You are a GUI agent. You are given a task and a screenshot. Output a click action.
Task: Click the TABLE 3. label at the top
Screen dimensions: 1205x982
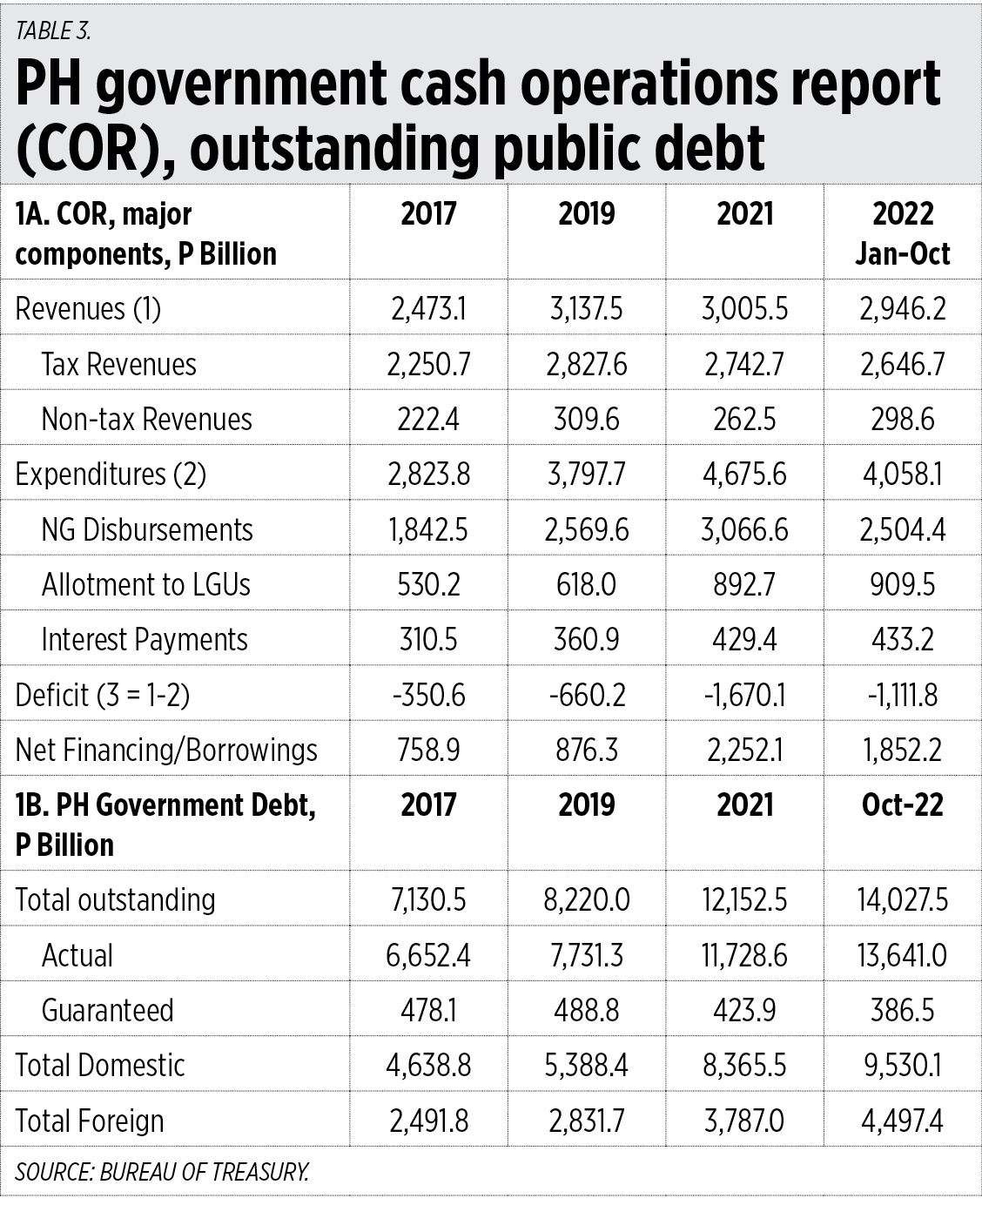[x=53, y=30]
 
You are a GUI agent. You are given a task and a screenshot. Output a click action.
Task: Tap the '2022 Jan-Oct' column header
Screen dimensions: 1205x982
[x=903, y=232]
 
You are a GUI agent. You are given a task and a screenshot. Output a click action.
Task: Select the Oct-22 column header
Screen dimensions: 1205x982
[x=903, y=804]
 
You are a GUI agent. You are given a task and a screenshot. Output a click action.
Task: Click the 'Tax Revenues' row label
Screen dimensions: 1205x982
[x=118, y=364]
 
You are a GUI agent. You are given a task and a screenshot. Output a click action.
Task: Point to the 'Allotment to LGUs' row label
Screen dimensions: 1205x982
[x=145, y=584]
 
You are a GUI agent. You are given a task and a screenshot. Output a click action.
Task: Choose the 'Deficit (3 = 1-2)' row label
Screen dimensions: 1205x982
[x=103, y=695]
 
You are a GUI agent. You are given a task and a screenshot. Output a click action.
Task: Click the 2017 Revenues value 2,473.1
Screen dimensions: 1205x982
[x=428, y=309]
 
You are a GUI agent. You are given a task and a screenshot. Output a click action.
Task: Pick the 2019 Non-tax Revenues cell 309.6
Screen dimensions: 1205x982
[x=586, y=419]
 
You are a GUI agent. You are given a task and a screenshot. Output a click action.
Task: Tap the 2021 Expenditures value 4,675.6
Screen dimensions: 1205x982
[x=744, y=474]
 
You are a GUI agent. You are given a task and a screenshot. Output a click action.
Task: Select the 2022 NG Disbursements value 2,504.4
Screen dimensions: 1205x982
[x=903, y=529]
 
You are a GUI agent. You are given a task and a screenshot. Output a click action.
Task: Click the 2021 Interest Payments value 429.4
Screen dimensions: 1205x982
[x=744, y=639]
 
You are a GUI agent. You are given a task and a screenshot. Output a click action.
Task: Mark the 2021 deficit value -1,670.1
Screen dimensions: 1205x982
[x=744, y=695]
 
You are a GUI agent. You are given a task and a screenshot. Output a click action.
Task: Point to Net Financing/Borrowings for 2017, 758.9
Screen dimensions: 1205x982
[x=428, y=750]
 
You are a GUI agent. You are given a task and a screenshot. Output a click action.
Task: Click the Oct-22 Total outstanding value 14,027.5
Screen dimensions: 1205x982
[x=903, y=899]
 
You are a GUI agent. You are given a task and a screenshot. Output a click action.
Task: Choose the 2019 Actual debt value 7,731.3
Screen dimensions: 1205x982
[x=586, y=955]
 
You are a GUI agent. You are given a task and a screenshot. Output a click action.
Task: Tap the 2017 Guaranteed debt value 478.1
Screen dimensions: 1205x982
[x=428, y=1010]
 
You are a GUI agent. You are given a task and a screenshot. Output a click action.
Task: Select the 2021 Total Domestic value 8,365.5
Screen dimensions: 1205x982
[x=744, y=1065]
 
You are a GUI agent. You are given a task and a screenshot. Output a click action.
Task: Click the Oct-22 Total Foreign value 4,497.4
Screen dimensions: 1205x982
[x=903, y=1121]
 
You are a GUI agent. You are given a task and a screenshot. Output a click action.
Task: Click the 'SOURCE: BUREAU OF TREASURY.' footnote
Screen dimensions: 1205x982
[x=162, y=1172]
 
